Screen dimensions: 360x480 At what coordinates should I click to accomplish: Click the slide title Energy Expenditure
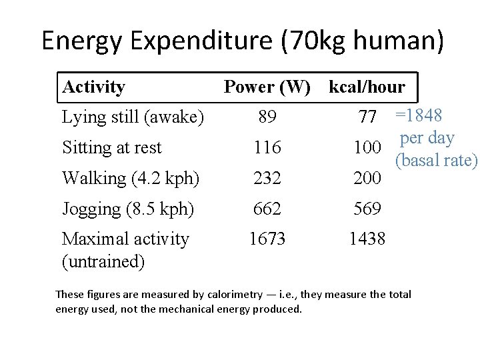click(242, 41)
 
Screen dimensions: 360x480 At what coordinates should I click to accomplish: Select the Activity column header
click(93, 87)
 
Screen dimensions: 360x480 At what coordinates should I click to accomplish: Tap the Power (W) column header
click(267, 87)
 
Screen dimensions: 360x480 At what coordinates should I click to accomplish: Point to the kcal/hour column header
click(367, 87)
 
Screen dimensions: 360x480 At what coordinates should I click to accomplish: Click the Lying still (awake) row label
click(133, 117)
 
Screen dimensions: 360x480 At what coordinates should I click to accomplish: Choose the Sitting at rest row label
click(111, 147)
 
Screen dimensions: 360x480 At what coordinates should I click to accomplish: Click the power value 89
click(267, 117)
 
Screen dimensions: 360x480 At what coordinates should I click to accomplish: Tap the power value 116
click(267, 147)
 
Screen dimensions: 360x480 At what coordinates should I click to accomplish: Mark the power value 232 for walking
click(267, 178)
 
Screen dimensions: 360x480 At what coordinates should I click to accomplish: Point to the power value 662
click(267, 209)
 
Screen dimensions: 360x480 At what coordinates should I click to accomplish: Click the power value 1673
click(267, 239)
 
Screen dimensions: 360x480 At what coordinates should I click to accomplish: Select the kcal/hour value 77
click(367, 118)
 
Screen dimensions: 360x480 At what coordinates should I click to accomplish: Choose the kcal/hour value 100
click(367, 147)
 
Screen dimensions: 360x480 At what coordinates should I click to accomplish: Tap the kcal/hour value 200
click(367, 178)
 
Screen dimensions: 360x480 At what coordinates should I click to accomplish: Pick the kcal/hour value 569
click(367, 209)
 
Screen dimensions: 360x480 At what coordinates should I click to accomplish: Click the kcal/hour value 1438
click(367, 239)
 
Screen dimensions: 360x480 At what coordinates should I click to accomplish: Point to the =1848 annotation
click(419, 115)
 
